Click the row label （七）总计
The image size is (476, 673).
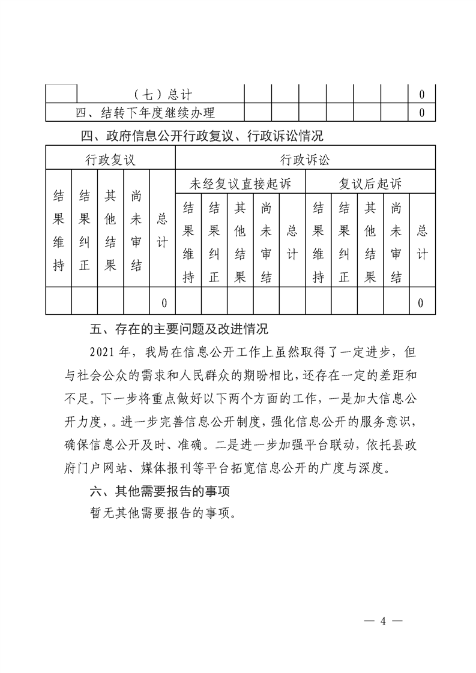pyautogui.click(x=161, y=95)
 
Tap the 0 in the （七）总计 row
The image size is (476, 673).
pyautogui.click(x=421, y=95)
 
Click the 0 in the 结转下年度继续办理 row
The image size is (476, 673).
pyautogui.click(x=421, y=112)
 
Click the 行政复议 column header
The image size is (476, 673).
pyautogui.click(x=110, y=160)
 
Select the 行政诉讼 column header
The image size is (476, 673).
pyautogui.click(x=305, y=160)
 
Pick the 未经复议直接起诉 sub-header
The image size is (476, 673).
pyautogui.click(x=240, y=184)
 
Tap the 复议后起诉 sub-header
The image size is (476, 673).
pyautogui.click(x=370, y=184)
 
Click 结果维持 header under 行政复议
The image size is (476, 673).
pyautogui.click(x=59, y=230)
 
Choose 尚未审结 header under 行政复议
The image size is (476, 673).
pyautogui.click(x=136, y=230)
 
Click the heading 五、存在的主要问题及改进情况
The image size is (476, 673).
pyautogui.click(x=179, y=329)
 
